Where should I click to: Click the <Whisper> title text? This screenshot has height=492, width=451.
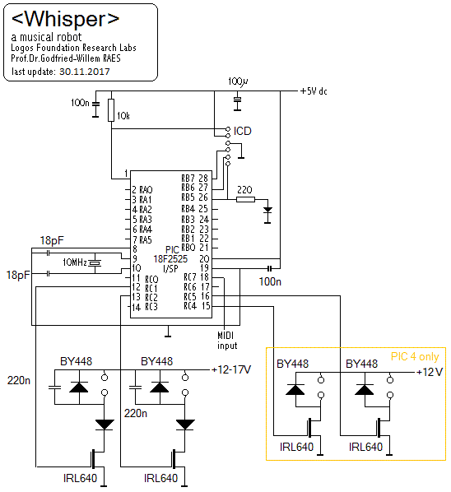(65, 19)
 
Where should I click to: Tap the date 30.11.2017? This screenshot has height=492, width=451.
(85, 72)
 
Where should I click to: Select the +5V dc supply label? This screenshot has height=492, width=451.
(314, 91)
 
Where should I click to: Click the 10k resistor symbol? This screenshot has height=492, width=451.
(111, 110)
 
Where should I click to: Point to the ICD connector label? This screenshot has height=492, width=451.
(242, 131)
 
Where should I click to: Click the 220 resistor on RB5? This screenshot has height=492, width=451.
(245, 199)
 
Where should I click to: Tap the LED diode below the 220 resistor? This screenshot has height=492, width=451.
(267, 211)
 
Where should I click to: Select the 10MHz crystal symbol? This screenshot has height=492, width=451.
(95, 263)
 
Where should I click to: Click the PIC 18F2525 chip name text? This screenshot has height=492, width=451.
(170, 259)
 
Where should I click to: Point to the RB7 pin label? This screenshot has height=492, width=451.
(188, 179)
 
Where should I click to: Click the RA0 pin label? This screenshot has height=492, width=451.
(146, 190)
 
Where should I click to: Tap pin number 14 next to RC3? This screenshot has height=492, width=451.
(137, 308)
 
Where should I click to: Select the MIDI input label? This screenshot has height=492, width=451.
(227, 341)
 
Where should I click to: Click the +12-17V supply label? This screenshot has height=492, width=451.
(231, 369)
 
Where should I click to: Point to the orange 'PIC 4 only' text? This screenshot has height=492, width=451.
(415, 357)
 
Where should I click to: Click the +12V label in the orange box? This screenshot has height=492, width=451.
(430, 372)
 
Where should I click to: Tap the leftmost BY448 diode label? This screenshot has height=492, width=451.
(77, 361)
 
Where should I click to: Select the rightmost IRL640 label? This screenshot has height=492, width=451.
(365, 447)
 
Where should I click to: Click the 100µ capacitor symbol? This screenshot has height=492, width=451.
(238, 100)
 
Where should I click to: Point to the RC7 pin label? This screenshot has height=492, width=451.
(190, 277)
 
